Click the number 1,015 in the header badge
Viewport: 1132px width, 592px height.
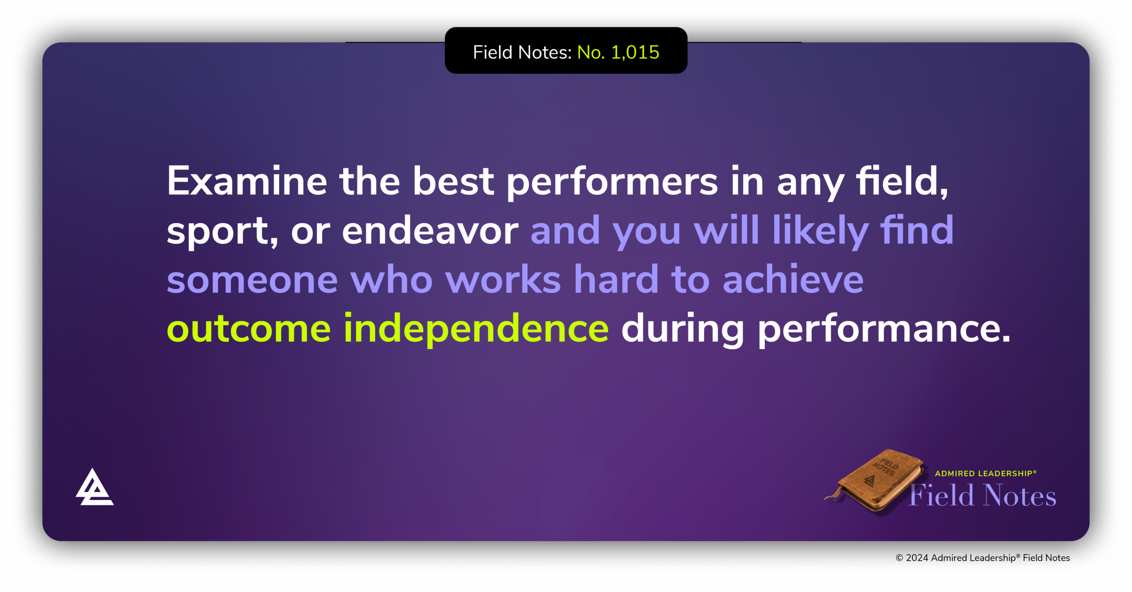pyautogui.click(x=635, y=53)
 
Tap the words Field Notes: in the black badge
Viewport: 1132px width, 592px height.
pyautogui.click(x=522, y=53)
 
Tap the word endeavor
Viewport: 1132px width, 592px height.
pyautogui.click(x=430, y=231)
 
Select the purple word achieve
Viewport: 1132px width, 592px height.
pyautogui.click(x=793, y=279)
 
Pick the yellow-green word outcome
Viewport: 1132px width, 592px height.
pyautogui.click(x=249, y=329)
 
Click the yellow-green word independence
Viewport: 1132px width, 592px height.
pyautogui.click(x=476, y=329)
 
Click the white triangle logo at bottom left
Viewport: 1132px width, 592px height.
pyautogui.click(x=94, y=488)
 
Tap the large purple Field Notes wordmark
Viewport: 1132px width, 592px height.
pyautogui.click(x=983, y=496)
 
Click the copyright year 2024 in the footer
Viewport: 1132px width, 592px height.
pyautogui.click(x=917, y=558)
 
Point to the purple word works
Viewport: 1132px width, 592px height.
pyautogui.click(x=503, y=280)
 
